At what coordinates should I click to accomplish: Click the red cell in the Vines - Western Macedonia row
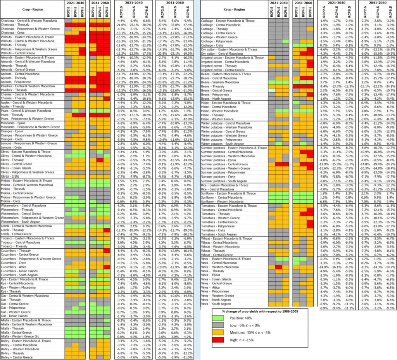click(278, 267)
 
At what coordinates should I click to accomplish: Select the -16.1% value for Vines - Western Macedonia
click(337, 267)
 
